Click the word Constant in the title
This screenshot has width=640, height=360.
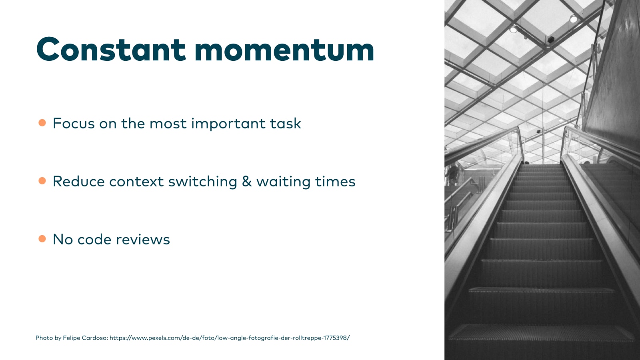click(111, 49)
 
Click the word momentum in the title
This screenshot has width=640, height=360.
click(284, 50)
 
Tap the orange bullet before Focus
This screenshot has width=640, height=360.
click(42, 123)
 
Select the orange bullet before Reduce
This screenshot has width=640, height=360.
click(42, 181)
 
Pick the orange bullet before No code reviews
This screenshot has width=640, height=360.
click(42, 239)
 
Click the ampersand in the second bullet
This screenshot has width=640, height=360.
click(246, 182)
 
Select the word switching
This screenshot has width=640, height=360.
click(202, 182)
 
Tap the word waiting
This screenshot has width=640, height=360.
click(283, 182)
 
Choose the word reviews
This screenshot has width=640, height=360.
click(143, 240)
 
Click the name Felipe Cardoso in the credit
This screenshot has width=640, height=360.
click(85, 338)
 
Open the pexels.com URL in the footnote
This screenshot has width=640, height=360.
click(230, 338)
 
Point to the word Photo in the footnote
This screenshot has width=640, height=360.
click(44, 338)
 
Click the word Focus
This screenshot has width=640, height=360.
click(74, 124)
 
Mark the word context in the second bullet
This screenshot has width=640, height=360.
click(136, 182)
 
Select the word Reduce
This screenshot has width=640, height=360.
click(78, 182)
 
